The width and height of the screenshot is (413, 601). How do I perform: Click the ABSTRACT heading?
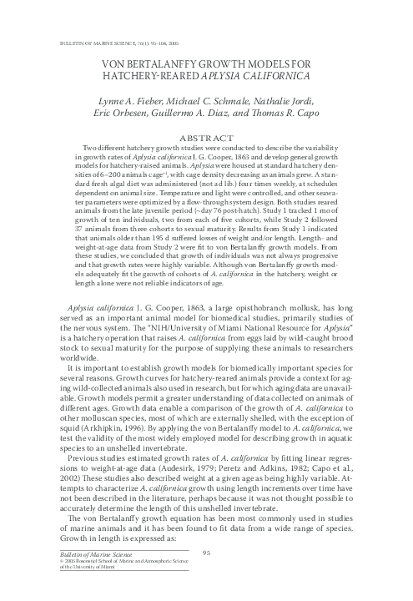pos(206,135)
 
